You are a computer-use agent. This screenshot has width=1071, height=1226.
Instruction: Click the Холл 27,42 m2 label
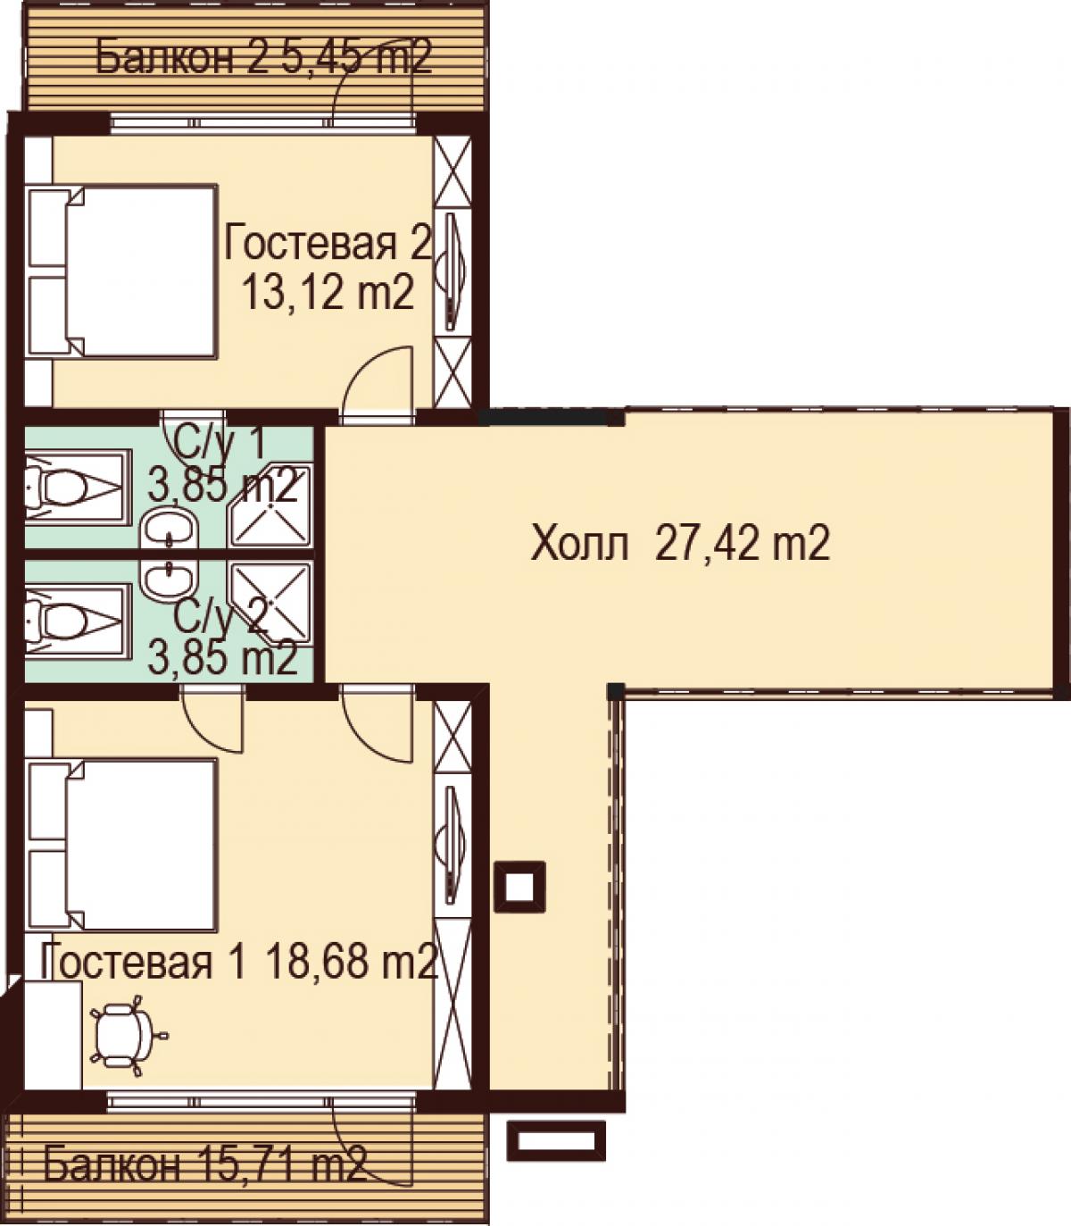click(680, 543)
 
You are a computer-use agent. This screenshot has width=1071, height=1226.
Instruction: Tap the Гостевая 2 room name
click(328, 242)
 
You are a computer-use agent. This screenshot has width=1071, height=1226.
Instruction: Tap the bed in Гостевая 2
click(120, 271)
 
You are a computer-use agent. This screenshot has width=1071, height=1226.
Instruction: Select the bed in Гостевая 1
click(120, 846)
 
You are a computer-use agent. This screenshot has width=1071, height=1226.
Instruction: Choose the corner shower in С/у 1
click(270, 505)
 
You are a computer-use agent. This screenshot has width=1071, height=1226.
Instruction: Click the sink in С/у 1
click(170, 530)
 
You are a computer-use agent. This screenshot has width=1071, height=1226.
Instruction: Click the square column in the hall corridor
click(519, 887)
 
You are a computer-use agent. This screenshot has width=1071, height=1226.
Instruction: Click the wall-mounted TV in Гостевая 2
click(452, 271)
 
